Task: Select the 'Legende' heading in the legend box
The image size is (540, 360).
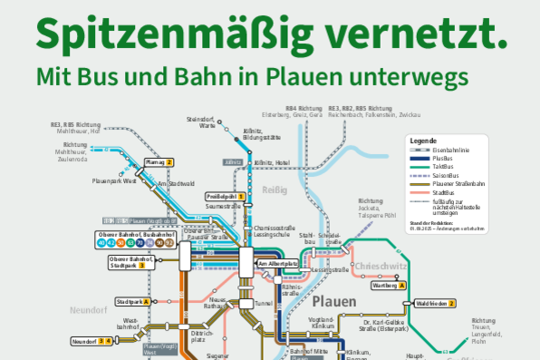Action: [x=423, y=142]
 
